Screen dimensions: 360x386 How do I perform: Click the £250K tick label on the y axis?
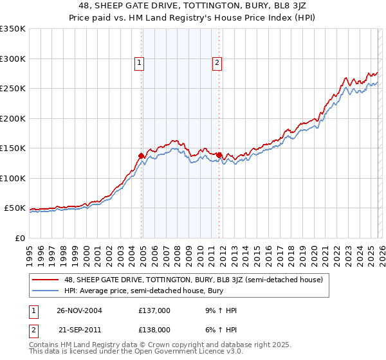tap(13, 89)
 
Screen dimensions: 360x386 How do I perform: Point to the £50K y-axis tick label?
tap(15, 208)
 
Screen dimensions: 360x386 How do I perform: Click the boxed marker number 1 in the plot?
tap(140, 63)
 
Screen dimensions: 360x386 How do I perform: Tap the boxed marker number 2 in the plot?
tap(217, 63)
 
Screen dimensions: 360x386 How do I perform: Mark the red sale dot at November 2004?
tap(142, 156)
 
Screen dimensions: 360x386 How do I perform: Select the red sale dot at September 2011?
tap(219, 155)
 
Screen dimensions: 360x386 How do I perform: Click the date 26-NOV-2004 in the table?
tap(79, 310)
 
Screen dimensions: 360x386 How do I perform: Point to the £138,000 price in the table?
tap(154, 329)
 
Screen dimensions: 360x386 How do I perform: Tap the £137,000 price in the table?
tap(154, 310)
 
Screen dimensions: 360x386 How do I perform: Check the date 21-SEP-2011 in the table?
tap(79, 329)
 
